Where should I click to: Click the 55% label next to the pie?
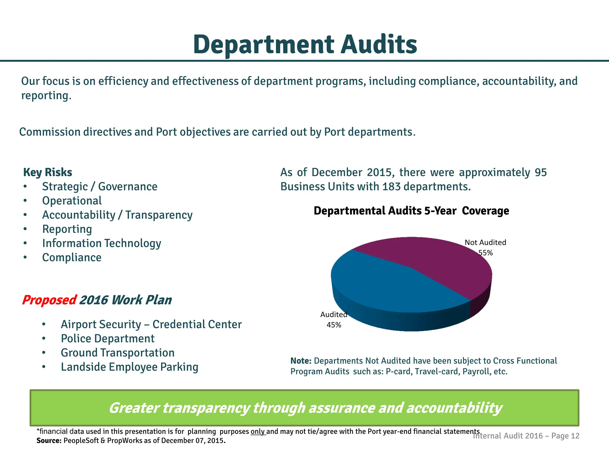pyautogui.click(x=485, y=253)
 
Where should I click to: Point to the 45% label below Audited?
pyautogui.click(x=334, y=325)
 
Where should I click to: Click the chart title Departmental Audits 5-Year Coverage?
pyautogui.click(x=411, y=211)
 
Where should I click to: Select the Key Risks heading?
pyautogui.click(x=48, y=172)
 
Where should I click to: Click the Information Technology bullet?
pyautogui.click(x=101, y=243)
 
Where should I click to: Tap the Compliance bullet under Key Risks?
pyautogui.click(x=72, y=257)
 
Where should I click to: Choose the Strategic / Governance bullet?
pyautogui.click(x=100, y=187)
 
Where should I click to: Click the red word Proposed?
pyautogui.click(x=49, y=300)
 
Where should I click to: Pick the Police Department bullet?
pyautogui.click(x=108, y=339)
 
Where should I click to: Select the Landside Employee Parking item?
pyautogui.click(x=129, y=367)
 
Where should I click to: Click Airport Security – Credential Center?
pyautogui.click(x=151, y=324)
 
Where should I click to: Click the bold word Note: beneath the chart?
pyautogui.click(x=301, y=361)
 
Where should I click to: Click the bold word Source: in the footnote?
pyautogui.click(x=49, y=441)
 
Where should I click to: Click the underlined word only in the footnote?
pyautogui.click(x=258, y=432)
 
